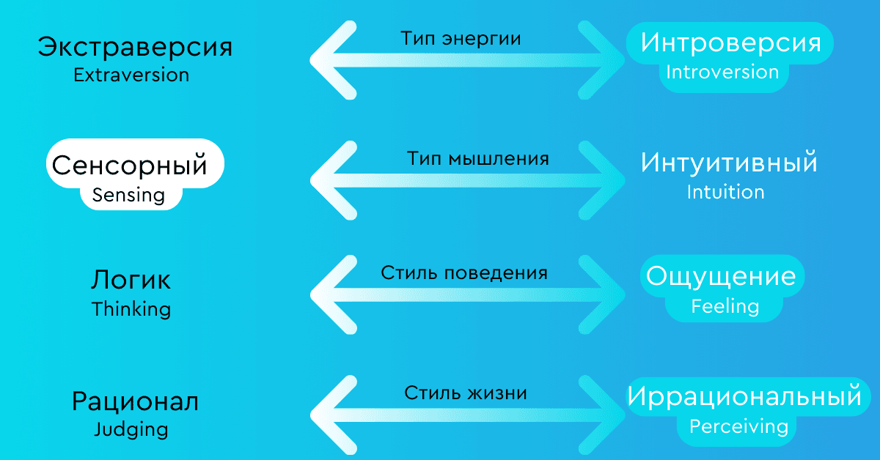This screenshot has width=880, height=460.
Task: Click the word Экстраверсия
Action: tap(135, 48)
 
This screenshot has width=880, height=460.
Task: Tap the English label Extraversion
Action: tap(131, 75)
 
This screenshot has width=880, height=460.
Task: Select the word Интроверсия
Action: tap(730, 42)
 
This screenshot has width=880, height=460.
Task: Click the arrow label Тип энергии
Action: tap(461, 39)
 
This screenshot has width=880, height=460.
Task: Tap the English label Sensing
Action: tap(128, 195)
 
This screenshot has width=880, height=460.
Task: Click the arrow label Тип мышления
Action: tap(477, 158)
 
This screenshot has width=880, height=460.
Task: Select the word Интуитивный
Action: tap(729, 163)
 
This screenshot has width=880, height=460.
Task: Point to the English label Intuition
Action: tap(725, 192)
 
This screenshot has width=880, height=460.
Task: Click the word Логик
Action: tap(131, 280)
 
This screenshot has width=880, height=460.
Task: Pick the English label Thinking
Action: tap(131, 308)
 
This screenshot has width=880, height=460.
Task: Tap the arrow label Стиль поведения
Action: tap(464, 273)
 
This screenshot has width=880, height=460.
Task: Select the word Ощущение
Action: tap(721, 277)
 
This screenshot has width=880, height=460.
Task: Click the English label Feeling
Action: tap(725, 305)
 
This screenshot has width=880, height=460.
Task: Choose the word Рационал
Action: tap(135, 401)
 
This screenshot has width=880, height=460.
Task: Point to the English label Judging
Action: tap(131, 429)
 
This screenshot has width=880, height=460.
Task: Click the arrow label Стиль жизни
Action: tap(466, 393)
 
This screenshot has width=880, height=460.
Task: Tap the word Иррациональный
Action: tap(744, 397)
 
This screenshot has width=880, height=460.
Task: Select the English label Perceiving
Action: tap(738, 426)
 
